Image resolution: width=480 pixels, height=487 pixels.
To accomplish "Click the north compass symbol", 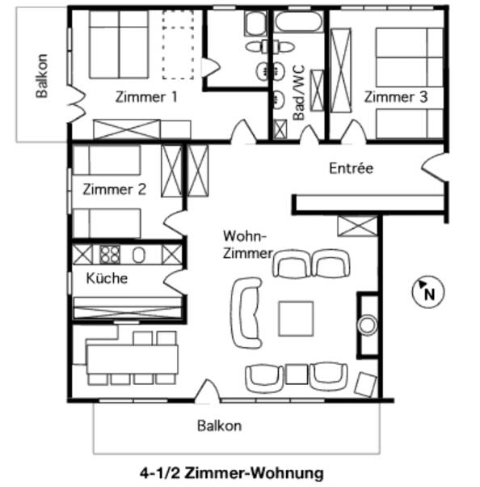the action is point(427,292).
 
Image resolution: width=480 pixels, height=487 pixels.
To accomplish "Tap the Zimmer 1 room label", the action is point(146,97).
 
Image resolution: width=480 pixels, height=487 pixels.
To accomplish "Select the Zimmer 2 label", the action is point(114,189).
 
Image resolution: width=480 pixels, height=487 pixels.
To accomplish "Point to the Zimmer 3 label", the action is point(396,97).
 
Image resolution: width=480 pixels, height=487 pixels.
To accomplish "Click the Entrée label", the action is point(351,168).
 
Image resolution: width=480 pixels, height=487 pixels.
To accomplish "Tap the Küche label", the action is point(107,278).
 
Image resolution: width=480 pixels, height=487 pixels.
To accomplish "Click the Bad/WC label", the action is point(299,92).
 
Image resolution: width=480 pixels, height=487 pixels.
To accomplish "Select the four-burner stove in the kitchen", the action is point(110,255).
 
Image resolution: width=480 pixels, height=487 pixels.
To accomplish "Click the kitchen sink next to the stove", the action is point(139,255).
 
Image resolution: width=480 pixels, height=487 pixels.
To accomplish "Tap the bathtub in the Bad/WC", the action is point(298,21).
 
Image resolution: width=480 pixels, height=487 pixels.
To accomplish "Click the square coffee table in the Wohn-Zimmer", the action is point(296,319).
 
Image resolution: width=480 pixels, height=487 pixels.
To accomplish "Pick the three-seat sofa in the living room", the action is point(246,313).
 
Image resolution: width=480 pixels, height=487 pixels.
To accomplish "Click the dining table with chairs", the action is point(133,359).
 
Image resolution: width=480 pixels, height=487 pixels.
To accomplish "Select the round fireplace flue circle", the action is point(368,325).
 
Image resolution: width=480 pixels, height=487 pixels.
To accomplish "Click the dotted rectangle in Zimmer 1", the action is point(178,44).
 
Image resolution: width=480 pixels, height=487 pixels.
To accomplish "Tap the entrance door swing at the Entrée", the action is point(434,167).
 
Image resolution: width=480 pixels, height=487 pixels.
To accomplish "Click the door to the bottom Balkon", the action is point(207,392).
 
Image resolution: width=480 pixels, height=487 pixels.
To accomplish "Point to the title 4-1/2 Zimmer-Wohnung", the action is point(231,473).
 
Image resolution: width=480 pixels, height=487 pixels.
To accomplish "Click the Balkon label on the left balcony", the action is point(42,76).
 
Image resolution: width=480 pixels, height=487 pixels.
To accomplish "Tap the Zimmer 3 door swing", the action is point(353,132).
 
